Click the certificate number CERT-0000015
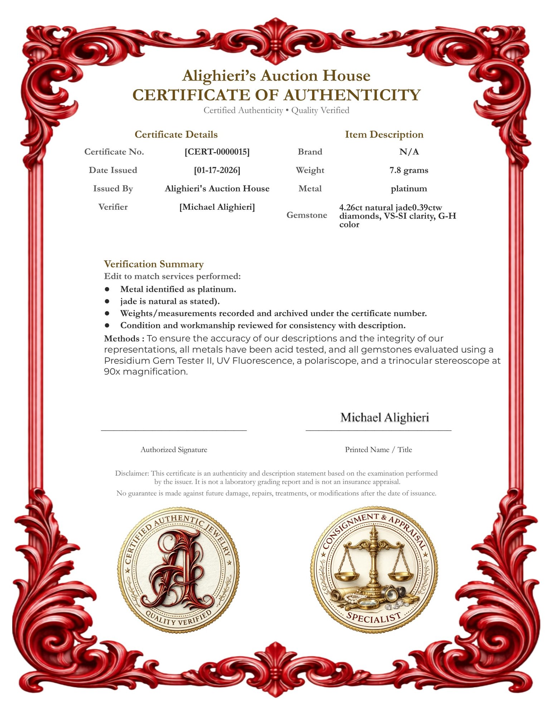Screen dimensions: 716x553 pos(217,152)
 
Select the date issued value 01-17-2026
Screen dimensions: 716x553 pos(217,170)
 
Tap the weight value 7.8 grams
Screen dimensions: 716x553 pos(409,170)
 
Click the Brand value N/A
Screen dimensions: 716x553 pos(409,152)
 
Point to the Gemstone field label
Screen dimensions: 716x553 pos(307,215)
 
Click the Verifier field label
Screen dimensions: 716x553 pos(113,207)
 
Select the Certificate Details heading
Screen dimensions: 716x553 pos(176,135)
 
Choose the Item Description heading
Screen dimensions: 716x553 pos(384,135)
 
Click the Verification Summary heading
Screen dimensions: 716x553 pos(154,264)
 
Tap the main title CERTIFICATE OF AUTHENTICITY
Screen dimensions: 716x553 pos(276,95)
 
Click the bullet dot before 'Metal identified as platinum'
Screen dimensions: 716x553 pos(107,289)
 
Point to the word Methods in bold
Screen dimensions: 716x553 pos(122,339)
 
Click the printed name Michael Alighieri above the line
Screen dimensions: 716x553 pos(384,417)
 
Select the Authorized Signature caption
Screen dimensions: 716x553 pos(174,450)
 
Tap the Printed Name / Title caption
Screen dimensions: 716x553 pos(378,450)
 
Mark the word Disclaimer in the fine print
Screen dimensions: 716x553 pos(131,473)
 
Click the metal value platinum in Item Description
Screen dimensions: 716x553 pos(409,189)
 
